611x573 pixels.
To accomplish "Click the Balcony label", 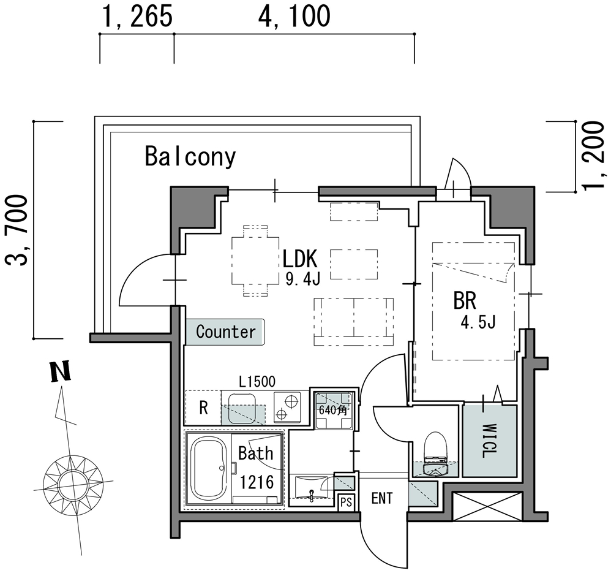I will click(190, 157).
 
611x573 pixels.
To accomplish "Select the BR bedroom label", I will click(465, 301).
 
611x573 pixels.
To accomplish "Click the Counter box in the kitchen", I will click(225, 332).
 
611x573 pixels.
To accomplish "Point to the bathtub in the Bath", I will click(209, 469).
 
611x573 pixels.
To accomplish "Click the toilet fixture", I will click(437, 454).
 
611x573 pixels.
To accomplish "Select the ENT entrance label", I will click(382, 498).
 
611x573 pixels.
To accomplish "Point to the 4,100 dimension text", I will click(294, 17).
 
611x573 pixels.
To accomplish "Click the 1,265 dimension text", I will click(137, 17).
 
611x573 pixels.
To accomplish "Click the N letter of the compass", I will click(59, 373).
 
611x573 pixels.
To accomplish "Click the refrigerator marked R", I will click(204, 408).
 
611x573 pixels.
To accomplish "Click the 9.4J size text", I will click(303, 279).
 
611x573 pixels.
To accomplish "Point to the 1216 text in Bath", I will click(256, 482).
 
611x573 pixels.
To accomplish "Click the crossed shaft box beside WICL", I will click(487, 506).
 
